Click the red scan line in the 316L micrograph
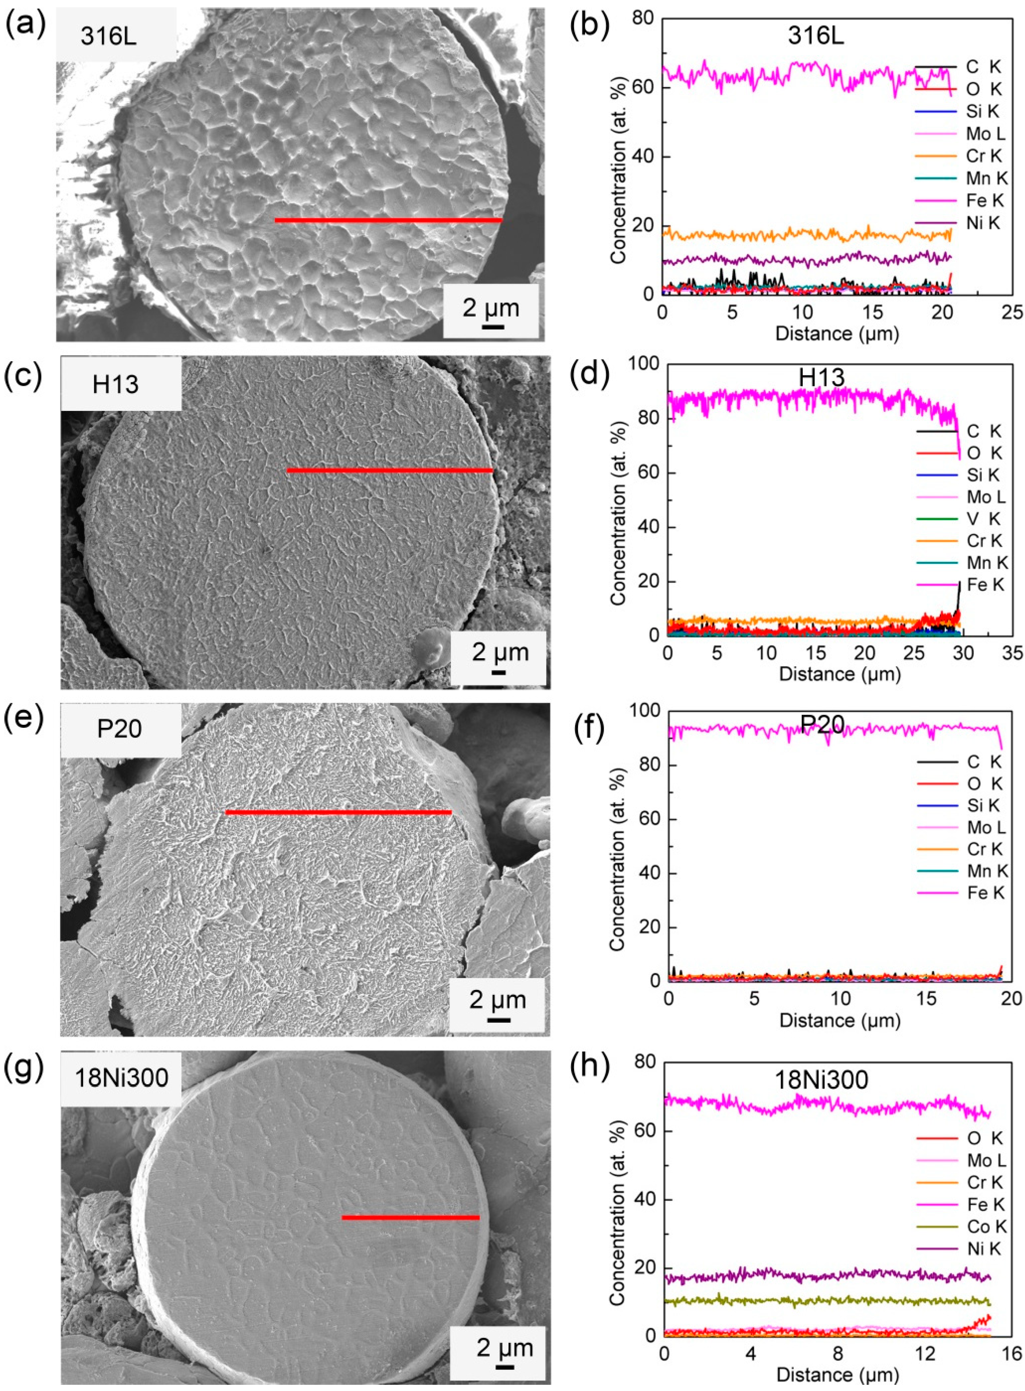pos(388,220)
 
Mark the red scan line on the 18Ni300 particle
pos(410,1217)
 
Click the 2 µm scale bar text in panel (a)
pos(490,308)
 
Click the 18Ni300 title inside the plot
pos(821,1080)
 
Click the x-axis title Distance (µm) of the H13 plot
pos(840,674)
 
